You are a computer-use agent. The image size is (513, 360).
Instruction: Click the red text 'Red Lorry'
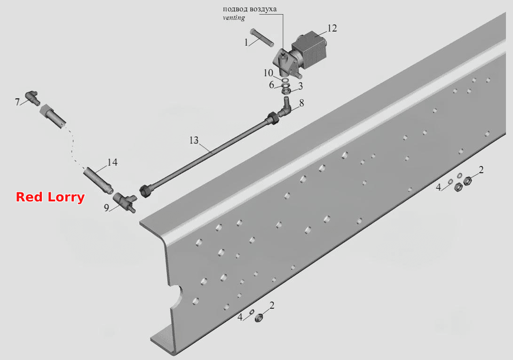click(x=50, y=197)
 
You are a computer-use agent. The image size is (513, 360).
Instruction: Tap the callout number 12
click(x=332, y=29)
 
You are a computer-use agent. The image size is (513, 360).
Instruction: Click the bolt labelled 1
click(x=262, y=37)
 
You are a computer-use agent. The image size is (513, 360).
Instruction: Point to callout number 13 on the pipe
click(x=194, y=140)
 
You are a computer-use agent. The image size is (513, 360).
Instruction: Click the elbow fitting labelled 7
click(x=32, y=97)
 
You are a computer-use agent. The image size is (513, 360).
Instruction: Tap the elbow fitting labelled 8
click(x=284, y=109)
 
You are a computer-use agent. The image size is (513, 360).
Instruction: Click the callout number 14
click(x=112, y=162)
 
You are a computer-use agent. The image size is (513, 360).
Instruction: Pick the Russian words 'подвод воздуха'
click(x=250, y=9)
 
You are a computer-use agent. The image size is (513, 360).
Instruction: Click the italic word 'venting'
click(x=234, y=18)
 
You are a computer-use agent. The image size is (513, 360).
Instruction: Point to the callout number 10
click(x=268, y=73)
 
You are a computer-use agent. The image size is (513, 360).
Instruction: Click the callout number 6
click(x=272, y=85)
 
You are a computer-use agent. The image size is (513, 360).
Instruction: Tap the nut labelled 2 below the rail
click(x=259, y=318)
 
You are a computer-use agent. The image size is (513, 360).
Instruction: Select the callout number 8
click(x=301, y=103)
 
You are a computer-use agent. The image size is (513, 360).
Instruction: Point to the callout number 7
click(x=17, y=102)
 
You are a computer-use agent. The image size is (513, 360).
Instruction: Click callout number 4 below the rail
click(x=240, y=317)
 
